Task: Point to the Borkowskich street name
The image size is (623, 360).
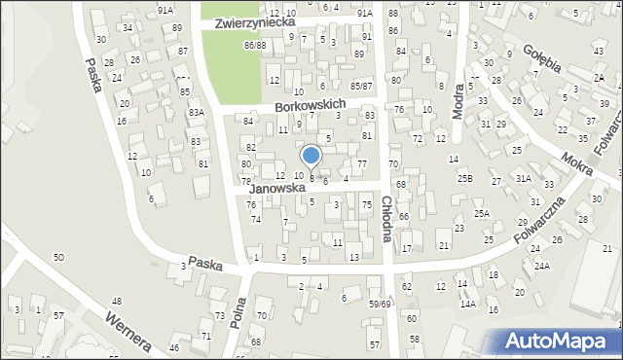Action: click(311, 104)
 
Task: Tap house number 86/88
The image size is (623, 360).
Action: click(255, 46)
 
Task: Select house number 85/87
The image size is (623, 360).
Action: click(361, 86)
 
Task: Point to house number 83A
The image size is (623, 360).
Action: click(197, 113)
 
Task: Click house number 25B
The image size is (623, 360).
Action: click(465, 178)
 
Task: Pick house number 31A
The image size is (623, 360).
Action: click(524, 178)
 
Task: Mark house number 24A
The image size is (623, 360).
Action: click(541, 265)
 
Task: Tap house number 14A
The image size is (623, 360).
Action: click(468, 305)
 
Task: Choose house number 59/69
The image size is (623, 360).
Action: click(379, 305)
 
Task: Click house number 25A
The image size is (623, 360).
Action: click(481, 213)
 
